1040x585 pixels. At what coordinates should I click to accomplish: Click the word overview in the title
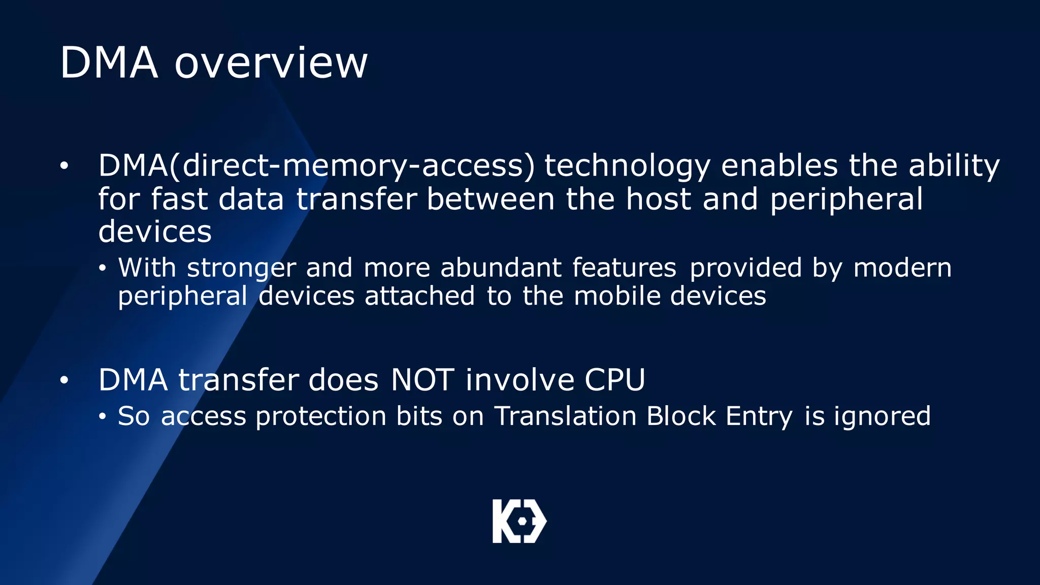coord(271,63)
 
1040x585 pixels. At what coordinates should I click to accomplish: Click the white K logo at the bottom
coord(519,521)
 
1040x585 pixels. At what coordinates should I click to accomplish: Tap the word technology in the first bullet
coord(627,166)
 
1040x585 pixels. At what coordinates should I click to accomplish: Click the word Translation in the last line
coord(565,416)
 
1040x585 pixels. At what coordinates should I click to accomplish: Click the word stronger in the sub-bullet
coord(241,268)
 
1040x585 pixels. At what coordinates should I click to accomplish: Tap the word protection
coord(321,416)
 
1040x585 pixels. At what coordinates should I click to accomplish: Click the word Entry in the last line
coord(759,416)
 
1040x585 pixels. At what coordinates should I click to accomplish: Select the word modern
coord(902,268)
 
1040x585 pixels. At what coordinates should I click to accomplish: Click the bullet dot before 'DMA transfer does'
coord(63,380)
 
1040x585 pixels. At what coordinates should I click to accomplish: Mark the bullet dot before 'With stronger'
coord(103,268)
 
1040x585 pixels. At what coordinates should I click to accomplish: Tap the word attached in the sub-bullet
coord(419,296)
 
